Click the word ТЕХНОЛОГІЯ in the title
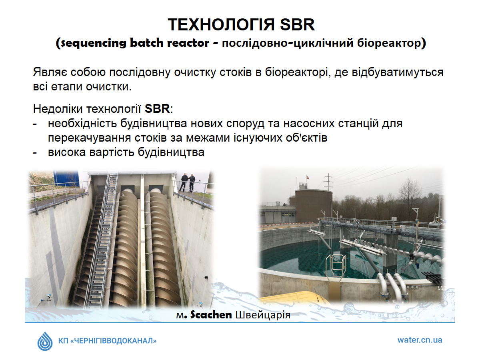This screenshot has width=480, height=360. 221,25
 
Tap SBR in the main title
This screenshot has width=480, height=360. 297,25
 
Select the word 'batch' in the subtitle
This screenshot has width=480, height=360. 146,43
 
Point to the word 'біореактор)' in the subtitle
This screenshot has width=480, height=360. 392,43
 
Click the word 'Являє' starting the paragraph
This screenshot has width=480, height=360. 50,72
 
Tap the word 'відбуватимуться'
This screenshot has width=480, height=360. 398,72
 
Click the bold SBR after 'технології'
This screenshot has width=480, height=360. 157,109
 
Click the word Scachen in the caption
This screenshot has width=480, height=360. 211,315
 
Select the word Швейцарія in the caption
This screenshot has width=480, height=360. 263,315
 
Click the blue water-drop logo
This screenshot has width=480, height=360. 45,341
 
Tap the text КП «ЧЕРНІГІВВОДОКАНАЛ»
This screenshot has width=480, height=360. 107,341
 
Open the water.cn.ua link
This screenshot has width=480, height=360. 420,340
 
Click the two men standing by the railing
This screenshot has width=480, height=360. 187,182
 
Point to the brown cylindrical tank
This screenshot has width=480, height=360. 313,206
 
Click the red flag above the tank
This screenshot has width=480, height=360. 308,178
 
